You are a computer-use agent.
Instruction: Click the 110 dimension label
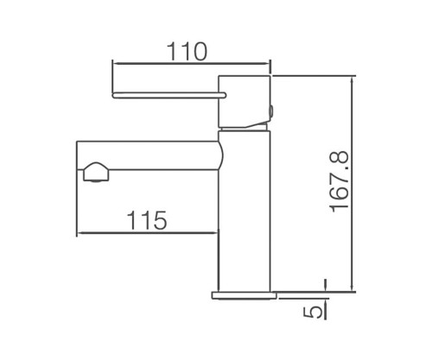tap(187, 52)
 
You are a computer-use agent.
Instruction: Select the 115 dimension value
tap(147, 220)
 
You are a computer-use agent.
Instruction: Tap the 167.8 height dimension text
tap(339, 182)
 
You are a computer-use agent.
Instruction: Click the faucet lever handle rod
tap(169, 95)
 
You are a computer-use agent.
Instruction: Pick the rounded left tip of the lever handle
tap(113, 95)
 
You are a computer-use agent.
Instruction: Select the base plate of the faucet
tap(244, 295)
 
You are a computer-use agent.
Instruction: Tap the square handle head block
tap(245, 101)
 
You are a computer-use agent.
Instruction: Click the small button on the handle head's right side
tap(272, 111)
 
